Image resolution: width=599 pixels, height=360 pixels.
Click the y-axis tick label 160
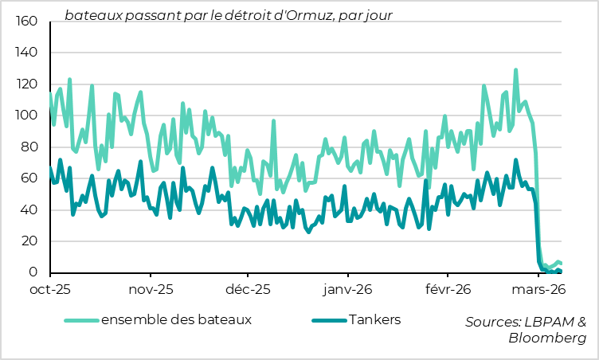(x=27, y=22)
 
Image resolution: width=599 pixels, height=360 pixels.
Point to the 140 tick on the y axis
(x=27, y=53)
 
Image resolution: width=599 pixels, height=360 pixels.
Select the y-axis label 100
(x=27, y=116)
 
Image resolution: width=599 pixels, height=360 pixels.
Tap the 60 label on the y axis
(x=30, y=178)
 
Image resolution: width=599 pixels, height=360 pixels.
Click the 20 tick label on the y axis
(x=30, y=241)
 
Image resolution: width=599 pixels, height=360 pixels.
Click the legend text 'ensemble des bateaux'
(x=176, y=320)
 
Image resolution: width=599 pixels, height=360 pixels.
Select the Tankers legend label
(x=374, y=320)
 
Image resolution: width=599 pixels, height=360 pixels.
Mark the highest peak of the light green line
(x=516, y=70)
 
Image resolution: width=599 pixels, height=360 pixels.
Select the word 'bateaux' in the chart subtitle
(x=92, y=15)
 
